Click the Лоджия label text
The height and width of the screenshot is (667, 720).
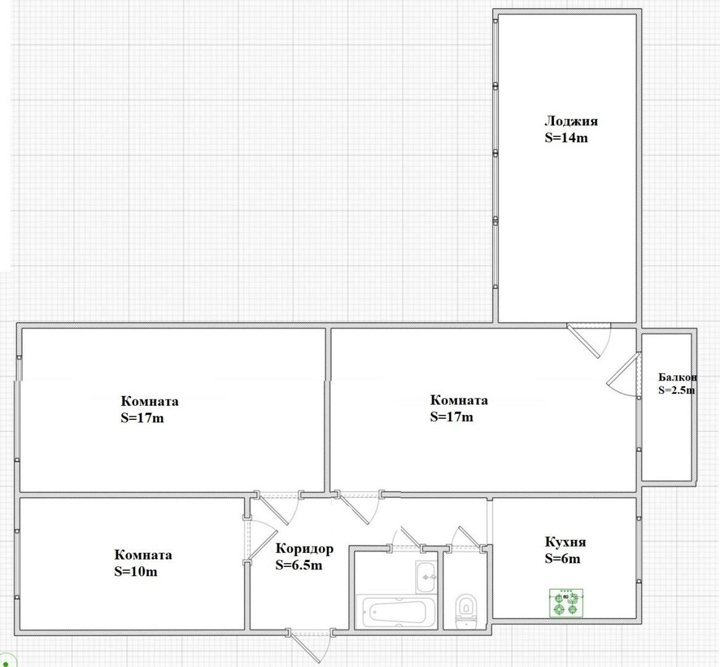571,122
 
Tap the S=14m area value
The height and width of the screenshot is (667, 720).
566,138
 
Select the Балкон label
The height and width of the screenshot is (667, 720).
677,377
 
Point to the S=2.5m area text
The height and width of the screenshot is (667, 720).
676,390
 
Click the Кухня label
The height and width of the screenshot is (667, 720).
565,542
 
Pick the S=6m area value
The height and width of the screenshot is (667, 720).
563,558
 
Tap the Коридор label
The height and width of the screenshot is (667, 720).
304,549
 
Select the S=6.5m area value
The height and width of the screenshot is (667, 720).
299,565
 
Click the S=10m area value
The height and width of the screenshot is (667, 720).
136,571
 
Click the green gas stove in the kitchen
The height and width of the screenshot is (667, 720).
566,603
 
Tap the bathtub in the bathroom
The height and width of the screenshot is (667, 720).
396,611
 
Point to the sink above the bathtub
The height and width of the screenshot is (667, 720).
427,577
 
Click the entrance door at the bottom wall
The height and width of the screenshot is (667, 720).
311,647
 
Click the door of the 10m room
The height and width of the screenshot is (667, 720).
259,540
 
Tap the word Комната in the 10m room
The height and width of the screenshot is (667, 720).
143,555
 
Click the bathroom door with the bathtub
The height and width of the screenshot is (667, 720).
406,537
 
